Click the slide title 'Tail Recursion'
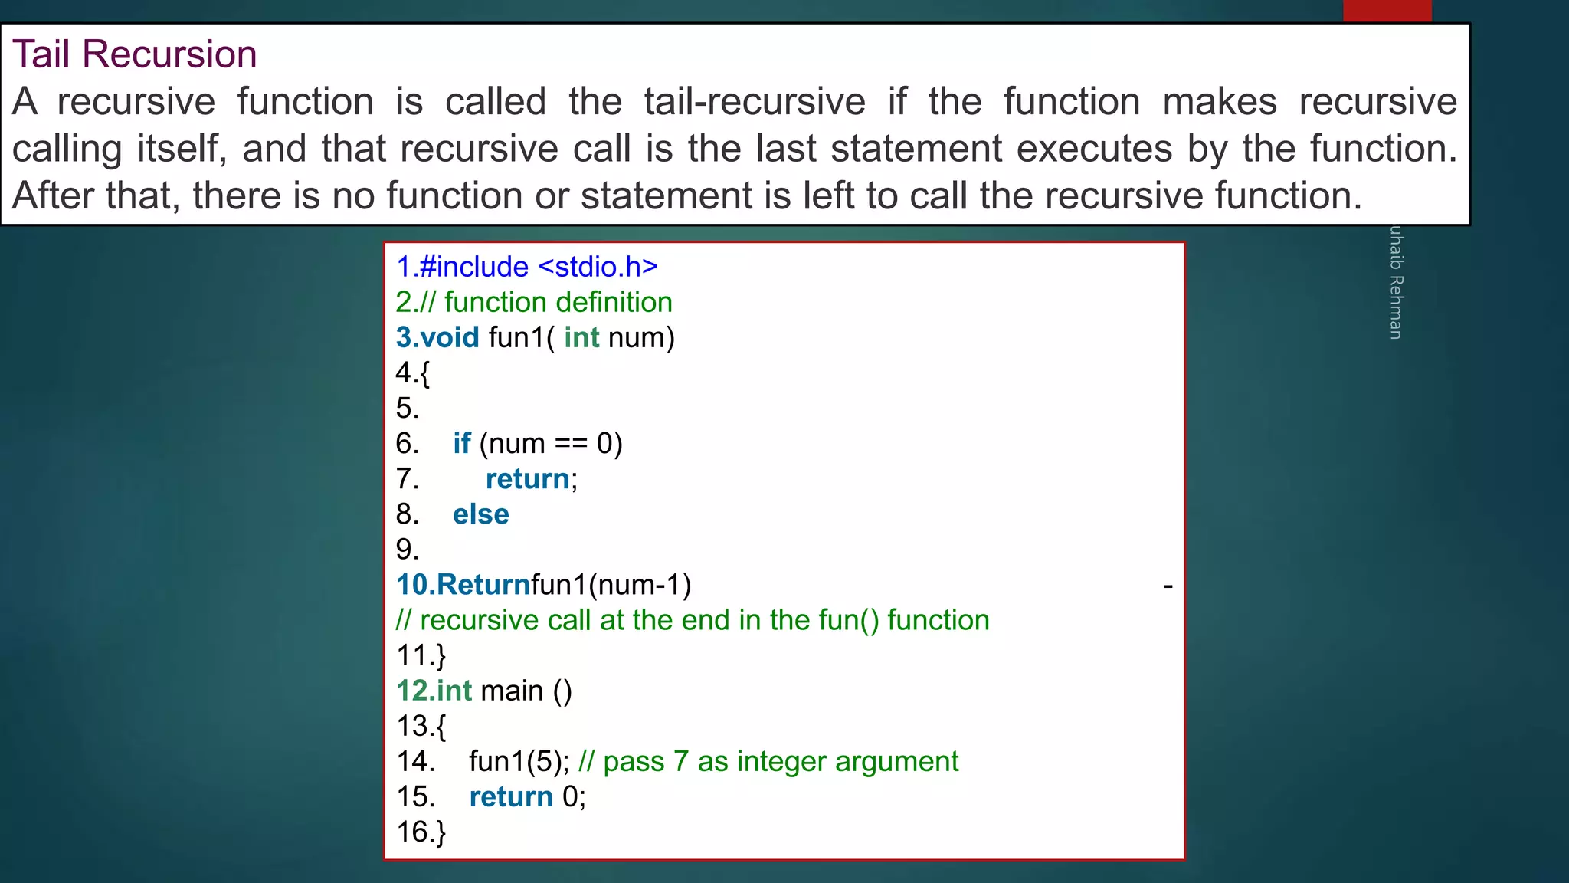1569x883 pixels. pos(135,54)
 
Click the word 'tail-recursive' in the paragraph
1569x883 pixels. pos(755,102)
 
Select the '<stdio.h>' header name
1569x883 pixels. pos(598,267)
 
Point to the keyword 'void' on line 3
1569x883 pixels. pos(450,337)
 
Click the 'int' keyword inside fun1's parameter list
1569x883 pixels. pos(581,337)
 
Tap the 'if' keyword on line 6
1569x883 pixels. pos(461,443)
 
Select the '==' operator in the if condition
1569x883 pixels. pos(571,444)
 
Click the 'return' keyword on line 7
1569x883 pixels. pos(527,479)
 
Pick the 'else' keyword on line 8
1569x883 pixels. pos(480,514)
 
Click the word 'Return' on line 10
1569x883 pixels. pos(483,585)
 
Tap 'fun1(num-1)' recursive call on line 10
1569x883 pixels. pos(611,585)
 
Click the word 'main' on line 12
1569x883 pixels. pos(512,691)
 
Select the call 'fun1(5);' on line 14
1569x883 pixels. pos(519,761)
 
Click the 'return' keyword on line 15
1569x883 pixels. pos(510,797)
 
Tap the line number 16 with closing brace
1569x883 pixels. pos(421,832)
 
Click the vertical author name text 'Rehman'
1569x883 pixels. pos(1396,307)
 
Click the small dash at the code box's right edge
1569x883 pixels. pos(1168,587)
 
